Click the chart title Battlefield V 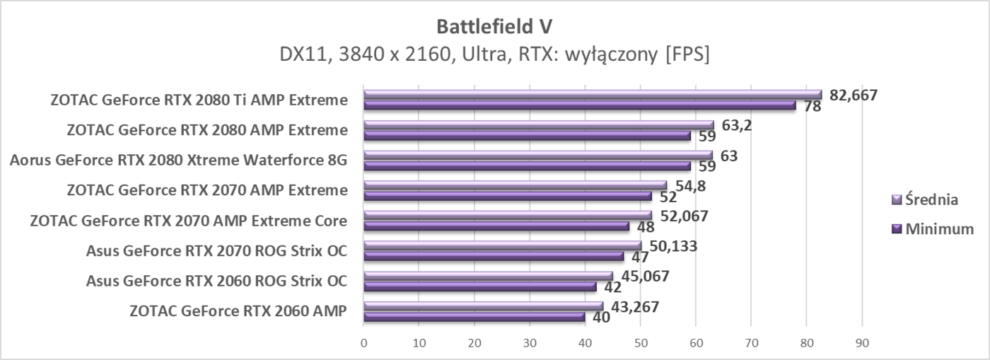[494, 26]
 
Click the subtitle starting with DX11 [494, 54]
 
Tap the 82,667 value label [853, 95]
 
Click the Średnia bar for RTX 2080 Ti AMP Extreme [593, 95]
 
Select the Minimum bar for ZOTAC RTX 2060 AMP [474, 317]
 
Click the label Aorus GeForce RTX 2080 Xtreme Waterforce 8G [178, 160]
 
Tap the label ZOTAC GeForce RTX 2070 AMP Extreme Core [188, 221]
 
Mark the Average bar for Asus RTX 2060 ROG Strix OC [488, 276]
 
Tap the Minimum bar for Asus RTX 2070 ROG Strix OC [494, 256]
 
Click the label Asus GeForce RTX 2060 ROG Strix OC [216, 281]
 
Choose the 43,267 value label [630, 307]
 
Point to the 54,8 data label [691, 186]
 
